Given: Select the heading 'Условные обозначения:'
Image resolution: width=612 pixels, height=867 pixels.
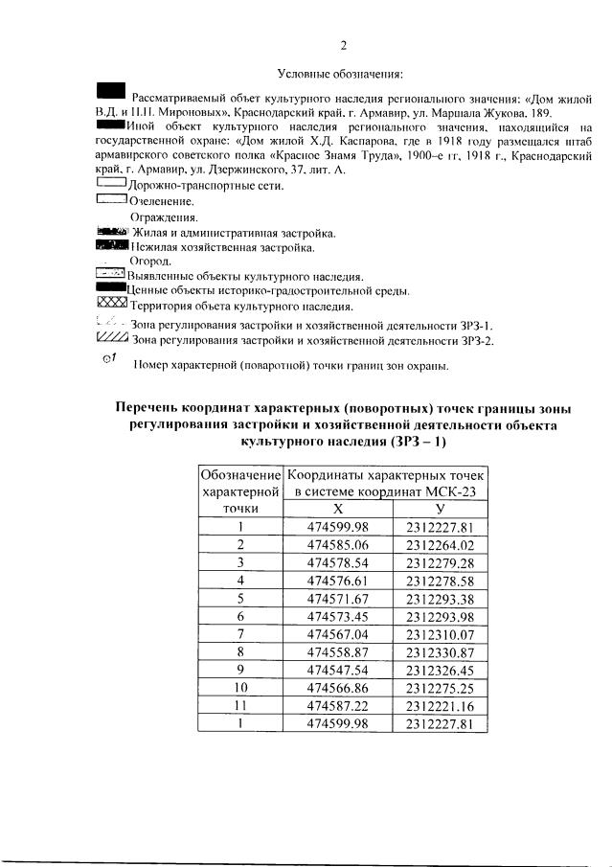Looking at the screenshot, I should [x=340, y=74].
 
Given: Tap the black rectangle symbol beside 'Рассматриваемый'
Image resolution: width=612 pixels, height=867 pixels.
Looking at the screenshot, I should [x=111, y=91].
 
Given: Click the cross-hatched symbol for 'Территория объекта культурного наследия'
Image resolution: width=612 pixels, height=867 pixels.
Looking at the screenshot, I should [x=112, y=305].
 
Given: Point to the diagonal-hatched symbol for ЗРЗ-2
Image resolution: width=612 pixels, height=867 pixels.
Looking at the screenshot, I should [x=112, y=338].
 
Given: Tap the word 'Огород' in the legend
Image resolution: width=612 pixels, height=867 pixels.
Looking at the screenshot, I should [x=150, y=262].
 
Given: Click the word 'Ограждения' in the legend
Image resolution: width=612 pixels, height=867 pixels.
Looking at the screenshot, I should [x=158, y=217].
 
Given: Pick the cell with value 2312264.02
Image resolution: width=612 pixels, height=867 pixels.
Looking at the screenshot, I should [x=440, y=545].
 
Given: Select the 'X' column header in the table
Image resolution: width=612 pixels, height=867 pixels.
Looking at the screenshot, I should [x=337, y=510].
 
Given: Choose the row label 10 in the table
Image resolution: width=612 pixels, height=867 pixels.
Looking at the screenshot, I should [x=241, y=688].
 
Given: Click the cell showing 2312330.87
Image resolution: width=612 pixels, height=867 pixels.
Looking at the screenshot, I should [x=440, y=652].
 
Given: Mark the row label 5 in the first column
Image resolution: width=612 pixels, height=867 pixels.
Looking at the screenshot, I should [x=241, y=599].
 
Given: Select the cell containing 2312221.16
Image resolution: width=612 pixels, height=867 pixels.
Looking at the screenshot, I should [x=440, y=706].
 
